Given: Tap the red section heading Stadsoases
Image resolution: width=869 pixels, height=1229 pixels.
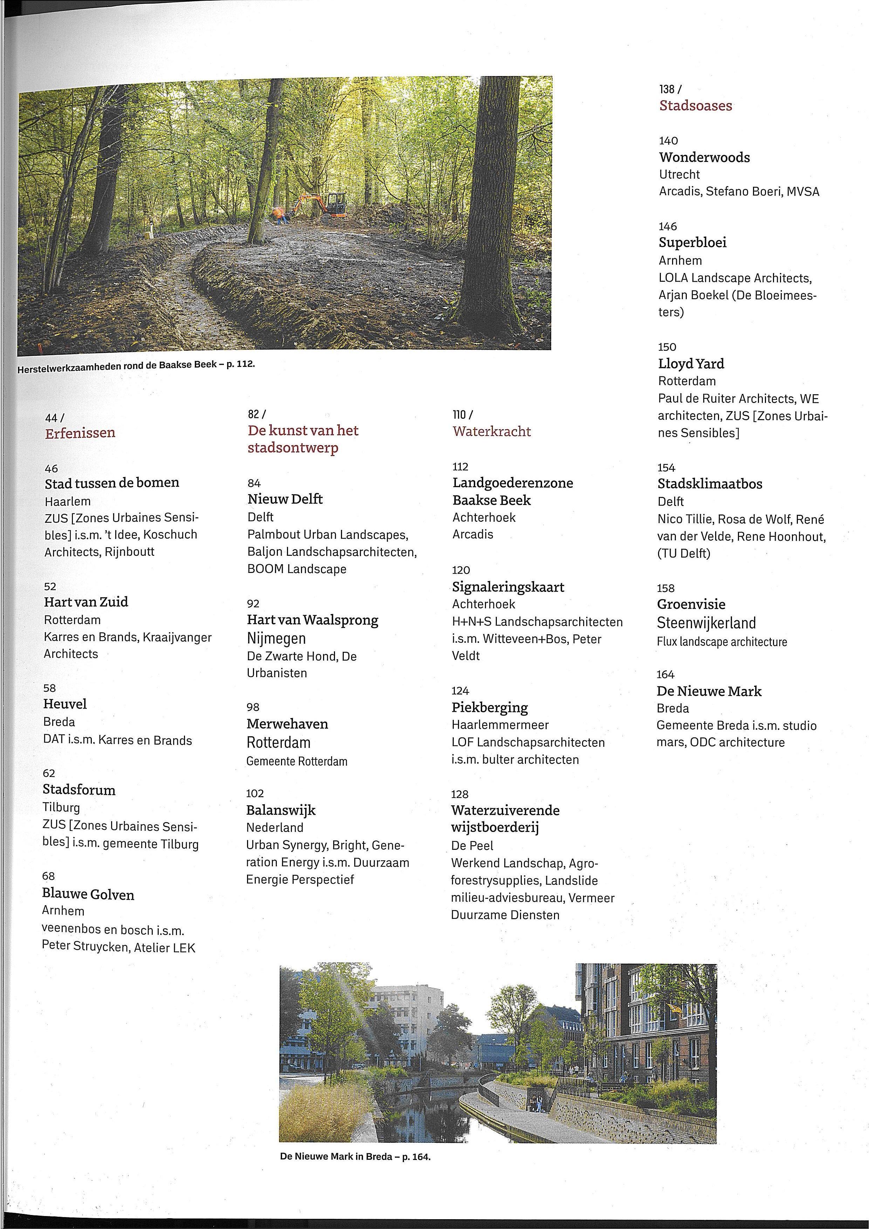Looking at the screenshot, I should [x=695, y=105].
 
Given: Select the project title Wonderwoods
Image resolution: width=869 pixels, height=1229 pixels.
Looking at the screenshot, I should [x=704, y=157].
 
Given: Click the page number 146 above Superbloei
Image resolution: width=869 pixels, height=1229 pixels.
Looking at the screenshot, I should [x=668, y=226].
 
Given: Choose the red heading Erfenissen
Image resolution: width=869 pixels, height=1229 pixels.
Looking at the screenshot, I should [x=80, y=433].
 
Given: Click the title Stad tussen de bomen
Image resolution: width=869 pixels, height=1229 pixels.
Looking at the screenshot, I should [x=112, y=483].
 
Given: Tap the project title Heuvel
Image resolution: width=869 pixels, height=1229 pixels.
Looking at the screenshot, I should [x=65, y=704].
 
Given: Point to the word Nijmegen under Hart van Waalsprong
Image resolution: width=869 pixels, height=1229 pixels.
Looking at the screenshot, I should [x=276, y=639].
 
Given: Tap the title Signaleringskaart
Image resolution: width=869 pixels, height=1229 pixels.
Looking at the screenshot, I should [x=508, y=587].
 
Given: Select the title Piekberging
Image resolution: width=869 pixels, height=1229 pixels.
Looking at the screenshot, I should [x=489, y=708].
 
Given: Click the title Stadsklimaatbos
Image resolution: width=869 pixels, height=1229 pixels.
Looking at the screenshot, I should [x=710, y=484].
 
